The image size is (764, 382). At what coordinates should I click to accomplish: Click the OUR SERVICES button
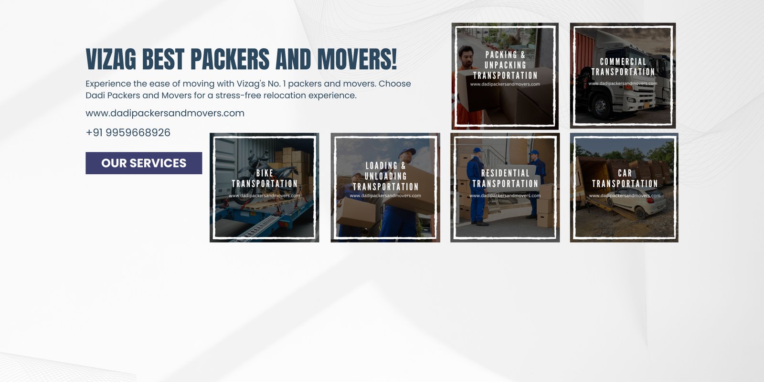click(x=144, y=163)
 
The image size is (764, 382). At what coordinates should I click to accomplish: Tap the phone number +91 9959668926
click(x=128, y=132)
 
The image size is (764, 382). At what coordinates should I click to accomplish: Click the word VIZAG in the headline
click(x=111, y=59)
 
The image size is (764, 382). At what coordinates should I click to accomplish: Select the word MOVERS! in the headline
click(x=357, y=59)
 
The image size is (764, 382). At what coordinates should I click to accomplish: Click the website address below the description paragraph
click(x=165, y=113)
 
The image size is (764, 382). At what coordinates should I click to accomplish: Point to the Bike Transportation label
click(x=265, y=179)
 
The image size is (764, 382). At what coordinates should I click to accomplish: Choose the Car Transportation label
click(x=625, y=179)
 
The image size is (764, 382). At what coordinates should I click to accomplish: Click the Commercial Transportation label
click(x=623, y=67)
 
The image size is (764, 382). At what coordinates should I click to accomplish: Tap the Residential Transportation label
click(x=505, y=179)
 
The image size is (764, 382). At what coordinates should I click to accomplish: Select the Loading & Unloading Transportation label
click(x=385, y=176)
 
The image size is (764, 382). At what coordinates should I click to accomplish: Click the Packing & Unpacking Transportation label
click(x=505, y=65)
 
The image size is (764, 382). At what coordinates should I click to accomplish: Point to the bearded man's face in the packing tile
click(x=466, y=57)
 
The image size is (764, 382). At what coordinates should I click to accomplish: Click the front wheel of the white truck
click(x=601, y=106)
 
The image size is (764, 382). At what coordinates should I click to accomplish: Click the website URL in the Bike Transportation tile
click(x=265, y=196)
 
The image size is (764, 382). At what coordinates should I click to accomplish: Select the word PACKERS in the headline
click(x=230, y=59)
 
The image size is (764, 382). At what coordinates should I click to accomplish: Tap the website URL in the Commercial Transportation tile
click(x=623, y=84)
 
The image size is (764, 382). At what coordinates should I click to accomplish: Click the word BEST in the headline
click(x=163, y=59)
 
